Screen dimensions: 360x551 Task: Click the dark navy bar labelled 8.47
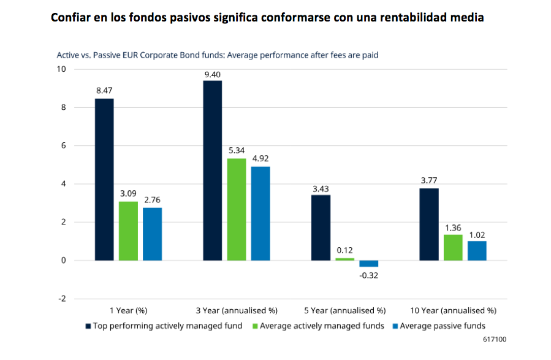[x=104, y=180]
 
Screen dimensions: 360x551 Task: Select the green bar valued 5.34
[x=237, y=210]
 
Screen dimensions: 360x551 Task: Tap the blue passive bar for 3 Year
[x=260, y=213]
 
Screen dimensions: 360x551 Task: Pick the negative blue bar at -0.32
[x=368, y=264]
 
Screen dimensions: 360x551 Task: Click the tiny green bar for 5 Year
[x=344, y=259]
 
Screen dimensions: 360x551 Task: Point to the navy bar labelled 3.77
[x=429, y=224]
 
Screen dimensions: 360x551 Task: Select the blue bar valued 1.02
[x=477, y=251]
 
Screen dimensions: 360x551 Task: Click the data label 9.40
[x=213, y=75]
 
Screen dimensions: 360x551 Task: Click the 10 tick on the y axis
[x=61, y=69]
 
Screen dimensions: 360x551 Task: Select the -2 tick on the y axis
[x=61, y=299]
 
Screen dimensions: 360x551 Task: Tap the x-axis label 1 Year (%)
[x=128, y=310]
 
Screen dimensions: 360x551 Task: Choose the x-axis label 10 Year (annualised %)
[x=453, y=310]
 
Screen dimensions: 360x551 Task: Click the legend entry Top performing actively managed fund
[x=167, y=326]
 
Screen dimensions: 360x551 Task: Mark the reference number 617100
[x=495, y=339]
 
